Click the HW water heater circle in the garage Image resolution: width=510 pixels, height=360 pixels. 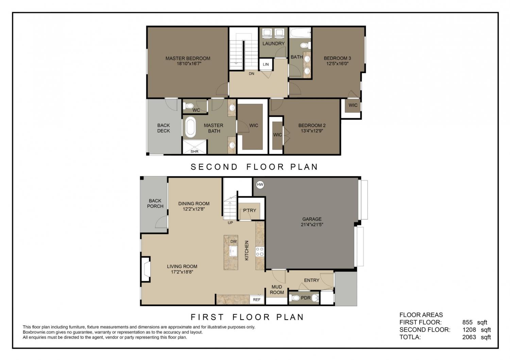pyautogui.click(x=260, y=185)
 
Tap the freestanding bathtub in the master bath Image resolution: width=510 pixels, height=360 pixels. pyautogui.click(x=190, y=127)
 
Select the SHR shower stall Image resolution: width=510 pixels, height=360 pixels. pyautogui.click(x=195, y=147)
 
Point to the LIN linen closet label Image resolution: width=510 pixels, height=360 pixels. pyautogui.click(x=266, y=65)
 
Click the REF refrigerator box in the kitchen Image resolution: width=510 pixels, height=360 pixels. pyautogui.click(x=257, y=299)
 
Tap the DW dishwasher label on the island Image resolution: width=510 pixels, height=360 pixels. pyautogui.click(x=234, y=242)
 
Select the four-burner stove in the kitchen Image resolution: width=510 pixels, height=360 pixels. pyautogui.click(x=260, y=251)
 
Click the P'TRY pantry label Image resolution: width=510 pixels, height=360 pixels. pyautogui.click(x=250, y=210)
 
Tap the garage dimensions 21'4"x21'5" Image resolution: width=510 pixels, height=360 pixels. pyautogui.click(x=312, y=224)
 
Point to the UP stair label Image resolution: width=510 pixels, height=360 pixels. pyautogui.click(x=231, y=223)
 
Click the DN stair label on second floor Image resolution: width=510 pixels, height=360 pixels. pyautogui.click(x=251, y=74)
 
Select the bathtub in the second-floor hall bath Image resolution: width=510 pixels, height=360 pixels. pyautogui.click(x=300, y=33)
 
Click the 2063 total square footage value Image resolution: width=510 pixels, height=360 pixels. pyautogui.click(x=469, y=337)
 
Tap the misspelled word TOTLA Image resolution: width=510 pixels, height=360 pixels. pyautogui.click(x=410, y=337)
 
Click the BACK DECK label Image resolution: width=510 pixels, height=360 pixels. pyautogui.click(x=164, y=128)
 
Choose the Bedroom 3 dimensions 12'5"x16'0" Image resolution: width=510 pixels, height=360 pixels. pyautogui.click(x=337, y=64)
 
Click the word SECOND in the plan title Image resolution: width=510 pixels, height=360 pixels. pyautogui.click(x=214, y=167)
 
